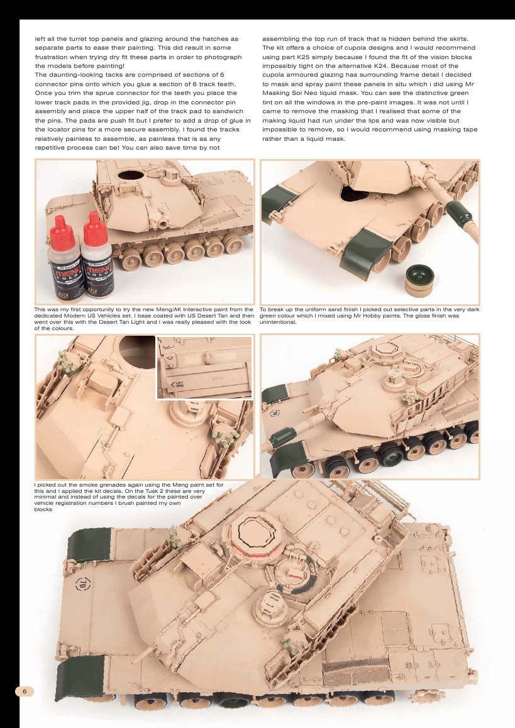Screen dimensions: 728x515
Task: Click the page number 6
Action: [24, 692]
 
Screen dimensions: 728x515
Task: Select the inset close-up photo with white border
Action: [204, 368]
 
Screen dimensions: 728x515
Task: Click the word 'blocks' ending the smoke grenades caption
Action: [43, 510]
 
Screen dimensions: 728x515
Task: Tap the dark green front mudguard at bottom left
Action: [79, 678]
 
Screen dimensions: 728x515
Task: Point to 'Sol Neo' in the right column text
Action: [326, 92]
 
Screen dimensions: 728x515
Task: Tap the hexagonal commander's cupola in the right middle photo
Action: [384, 356]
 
